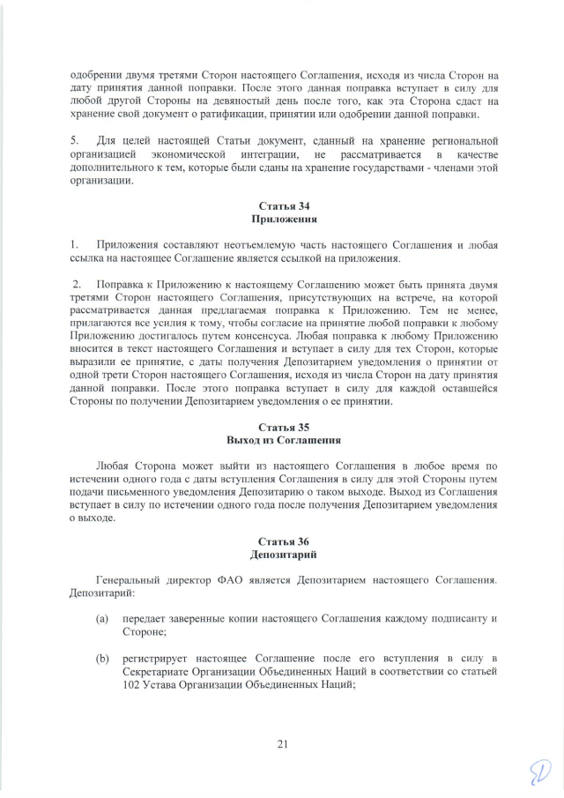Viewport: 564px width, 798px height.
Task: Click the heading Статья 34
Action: tap(284, 205)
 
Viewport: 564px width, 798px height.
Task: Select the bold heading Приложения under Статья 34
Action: tap(284, 218)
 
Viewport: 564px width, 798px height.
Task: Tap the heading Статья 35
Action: tap(284, 427)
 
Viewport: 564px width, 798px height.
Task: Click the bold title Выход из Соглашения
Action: tap(284, 439)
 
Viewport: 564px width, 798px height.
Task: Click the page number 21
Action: tap(283, 744)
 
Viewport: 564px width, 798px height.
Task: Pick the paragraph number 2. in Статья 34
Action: tap(78, 285)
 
